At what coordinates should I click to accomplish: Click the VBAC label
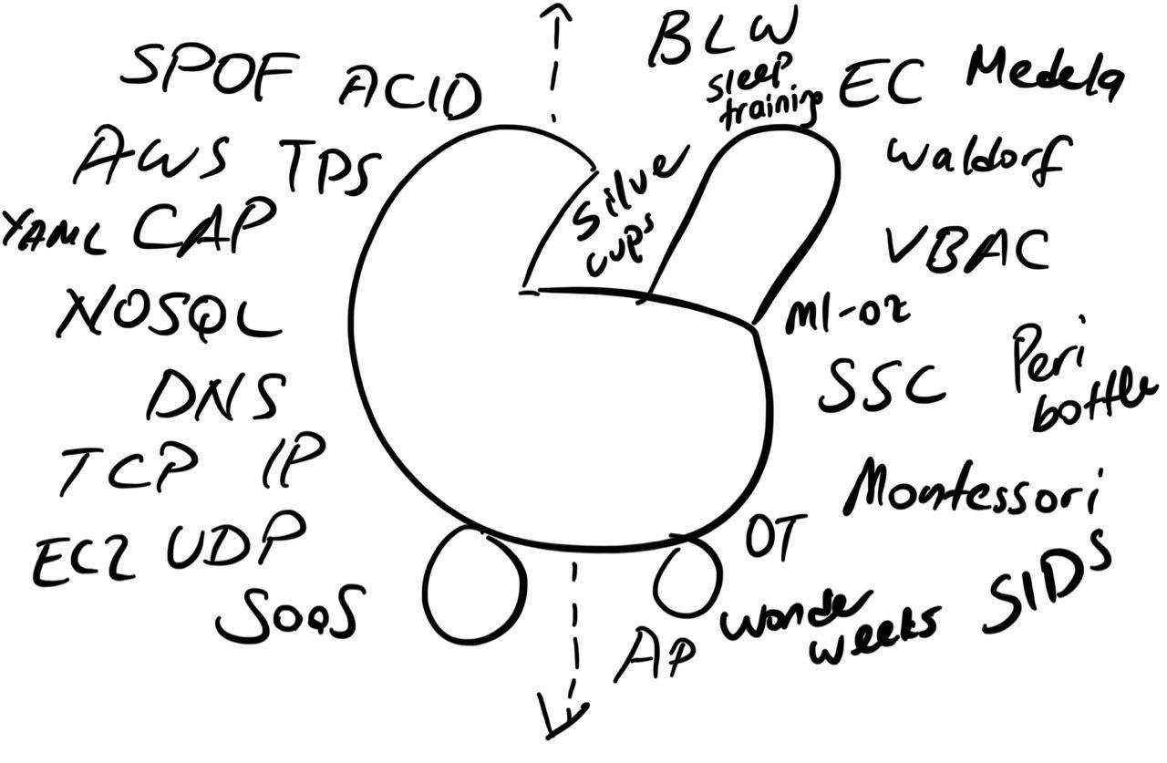(966, 244)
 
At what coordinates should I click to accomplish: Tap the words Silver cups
(620, 214)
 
